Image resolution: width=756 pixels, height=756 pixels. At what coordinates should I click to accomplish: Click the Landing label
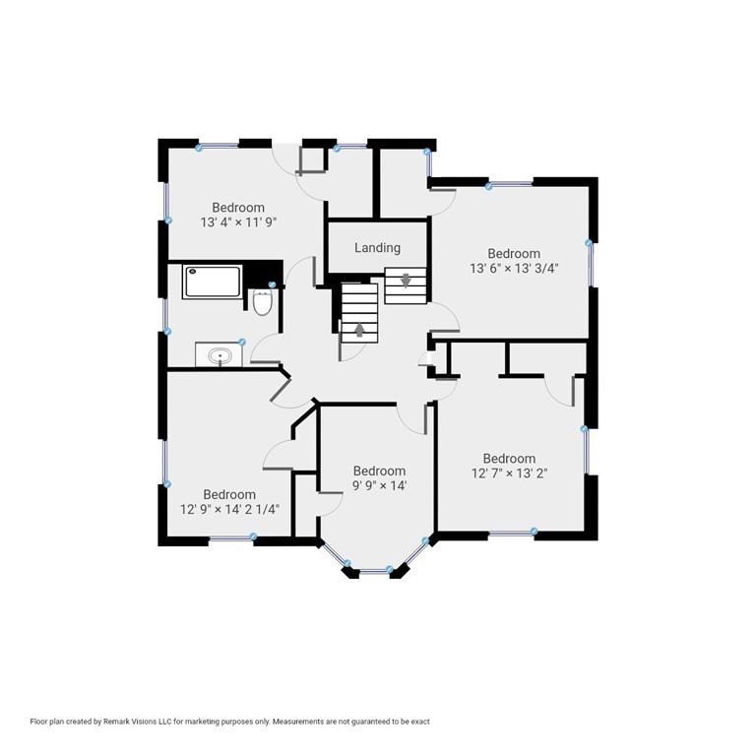pyautogui.click(x=378, y=248)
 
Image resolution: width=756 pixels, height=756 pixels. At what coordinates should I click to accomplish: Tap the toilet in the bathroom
pyautogui.click(x=263, y=302)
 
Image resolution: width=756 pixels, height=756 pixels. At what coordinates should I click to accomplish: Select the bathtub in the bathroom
pyautogui.click(x=213, y=283)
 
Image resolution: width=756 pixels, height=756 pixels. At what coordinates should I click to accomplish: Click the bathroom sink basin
pyautogui.click(x=220, y=356)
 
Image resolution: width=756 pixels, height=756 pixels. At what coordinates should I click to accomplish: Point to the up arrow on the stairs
pyautogui.click(x=359, y=330)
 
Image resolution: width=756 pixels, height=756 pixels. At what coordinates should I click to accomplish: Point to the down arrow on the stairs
pyautogui.click(x=406, y=281)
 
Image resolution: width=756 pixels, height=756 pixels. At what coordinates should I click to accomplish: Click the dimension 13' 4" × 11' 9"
pyautogui.click(x=238, y=222)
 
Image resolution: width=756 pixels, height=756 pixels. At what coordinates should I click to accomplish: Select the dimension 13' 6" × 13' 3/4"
pyautogui.click(x=514, y=268)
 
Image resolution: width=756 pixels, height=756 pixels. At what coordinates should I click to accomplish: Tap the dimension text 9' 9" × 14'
pyautogui.click(x=380, y=485)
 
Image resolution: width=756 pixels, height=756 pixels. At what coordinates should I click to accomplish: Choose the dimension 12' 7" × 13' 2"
pyautogui.click(x=509, y=472)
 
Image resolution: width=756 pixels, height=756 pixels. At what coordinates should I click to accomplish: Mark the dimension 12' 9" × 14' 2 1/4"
pyautogui.click(x=229, y=509)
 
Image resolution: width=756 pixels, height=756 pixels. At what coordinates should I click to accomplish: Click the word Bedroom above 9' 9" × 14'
pyautogui.click(x=379, y=471)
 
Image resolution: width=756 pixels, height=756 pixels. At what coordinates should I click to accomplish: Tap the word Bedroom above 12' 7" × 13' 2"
pyautogui.click(x=509, y=458)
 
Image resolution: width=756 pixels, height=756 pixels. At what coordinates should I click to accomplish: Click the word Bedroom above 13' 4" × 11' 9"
pyautogui.click(x=238, y=208)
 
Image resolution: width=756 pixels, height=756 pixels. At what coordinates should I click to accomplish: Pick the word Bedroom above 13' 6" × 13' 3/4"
pyautogui.click(x=514, y=253)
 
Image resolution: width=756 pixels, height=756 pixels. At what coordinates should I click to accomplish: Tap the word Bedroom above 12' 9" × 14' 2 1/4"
pyautogui.click(x=229, y=494)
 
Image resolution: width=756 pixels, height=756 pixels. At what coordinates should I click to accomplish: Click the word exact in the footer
pyautogui.click(x=421, y=722)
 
